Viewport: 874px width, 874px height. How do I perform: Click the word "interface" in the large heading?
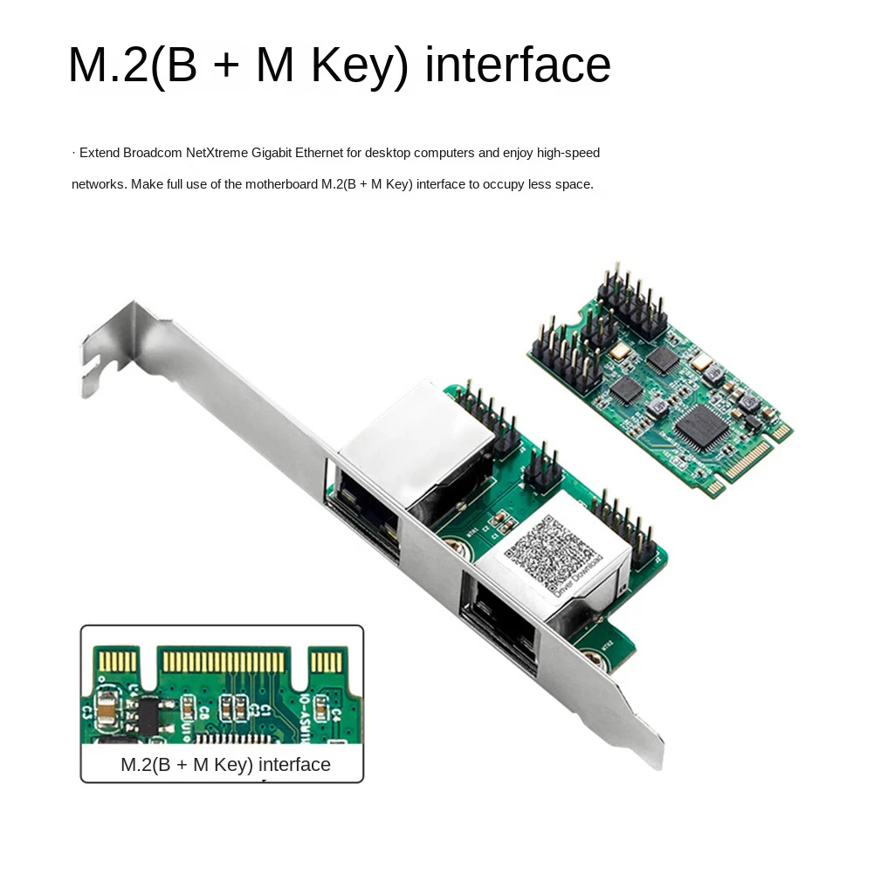tap(518, 65)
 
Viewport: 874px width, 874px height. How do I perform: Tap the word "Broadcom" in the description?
tap(152, 154)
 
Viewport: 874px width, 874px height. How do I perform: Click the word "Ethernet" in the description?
tap(319, 154)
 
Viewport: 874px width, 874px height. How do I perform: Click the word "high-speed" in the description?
tap(568, 154)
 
